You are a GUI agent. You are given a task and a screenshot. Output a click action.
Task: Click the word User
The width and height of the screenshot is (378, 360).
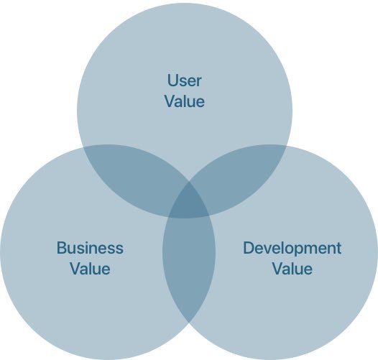tap(184, 80)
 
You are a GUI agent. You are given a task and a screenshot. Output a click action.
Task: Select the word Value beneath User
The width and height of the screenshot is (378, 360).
tap(185, 101)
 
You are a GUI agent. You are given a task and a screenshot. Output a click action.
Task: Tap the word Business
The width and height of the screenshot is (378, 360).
tap(90, 248)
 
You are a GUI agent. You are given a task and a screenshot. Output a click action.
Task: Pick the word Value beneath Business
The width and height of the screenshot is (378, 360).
tap(90, 269)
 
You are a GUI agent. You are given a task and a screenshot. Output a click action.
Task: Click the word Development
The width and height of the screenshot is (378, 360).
tap(292, 249)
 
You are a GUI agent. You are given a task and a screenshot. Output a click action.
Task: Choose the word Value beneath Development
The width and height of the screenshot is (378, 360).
tap(292, 269)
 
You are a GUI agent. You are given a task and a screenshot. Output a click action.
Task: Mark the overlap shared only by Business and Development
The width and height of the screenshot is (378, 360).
tap(189, 263)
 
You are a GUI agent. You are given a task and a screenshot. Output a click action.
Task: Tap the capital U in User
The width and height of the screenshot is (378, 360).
tap(172, 80)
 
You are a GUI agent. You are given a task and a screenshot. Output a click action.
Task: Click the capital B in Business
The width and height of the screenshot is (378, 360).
tap(62, 248)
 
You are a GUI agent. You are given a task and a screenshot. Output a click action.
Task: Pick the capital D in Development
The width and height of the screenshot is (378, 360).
tap(249, 248)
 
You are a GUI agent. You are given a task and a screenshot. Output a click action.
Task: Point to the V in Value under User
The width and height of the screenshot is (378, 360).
tap(171, 101)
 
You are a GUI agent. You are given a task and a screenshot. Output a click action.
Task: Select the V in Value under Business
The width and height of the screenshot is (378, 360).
tap(76, 269)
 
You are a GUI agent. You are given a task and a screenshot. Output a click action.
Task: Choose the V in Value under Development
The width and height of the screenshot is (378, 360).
tap(278, 269)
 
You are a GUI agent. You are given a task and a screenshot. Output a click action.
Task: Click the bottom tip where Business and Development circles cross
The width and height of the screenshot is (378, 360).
tap(189, 323)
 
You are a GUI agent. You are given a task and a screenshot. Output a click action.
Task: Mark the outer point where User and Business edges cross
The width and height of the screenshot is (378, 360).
tap(83, 147)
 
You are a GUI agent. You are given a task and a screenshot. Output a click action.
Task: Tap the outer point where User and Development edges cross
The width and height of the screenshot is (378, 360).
tap(287, 147)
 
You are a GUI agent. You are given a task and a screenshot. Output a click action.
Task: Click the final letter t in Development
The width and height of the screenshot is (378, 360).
tap(339, 248)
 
